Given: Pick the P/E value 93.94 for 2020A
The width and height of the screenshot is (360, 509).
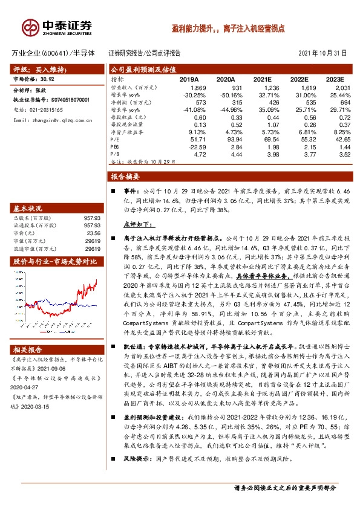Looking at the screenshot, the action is pos(226,139).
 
